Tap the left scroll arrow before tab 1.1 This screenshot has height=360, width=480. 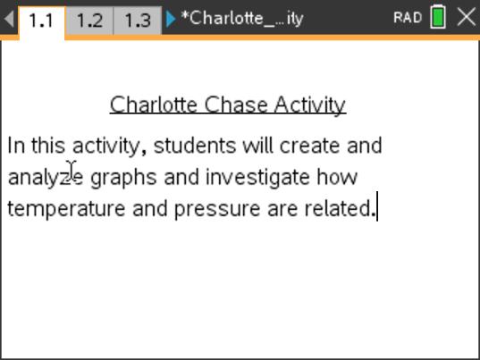(x=9, y=19)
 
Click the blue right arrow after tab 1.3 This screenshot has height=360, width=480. (x=171, y=19)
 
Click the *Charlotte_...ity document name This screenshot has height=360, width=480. (x=241, y=19)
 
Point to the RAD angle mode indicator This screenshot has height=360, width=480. (x=407, y=18)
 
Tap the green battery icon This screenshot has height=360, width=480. (x=438, y=18)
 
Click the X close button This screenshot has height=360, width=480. (x=466, y=18)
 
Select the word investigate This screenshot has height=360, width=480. (x=258, y=177)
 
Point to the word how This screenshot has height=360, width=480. (x=338, y=177)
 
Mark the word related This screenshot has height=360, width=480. (x=338, y=209)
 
